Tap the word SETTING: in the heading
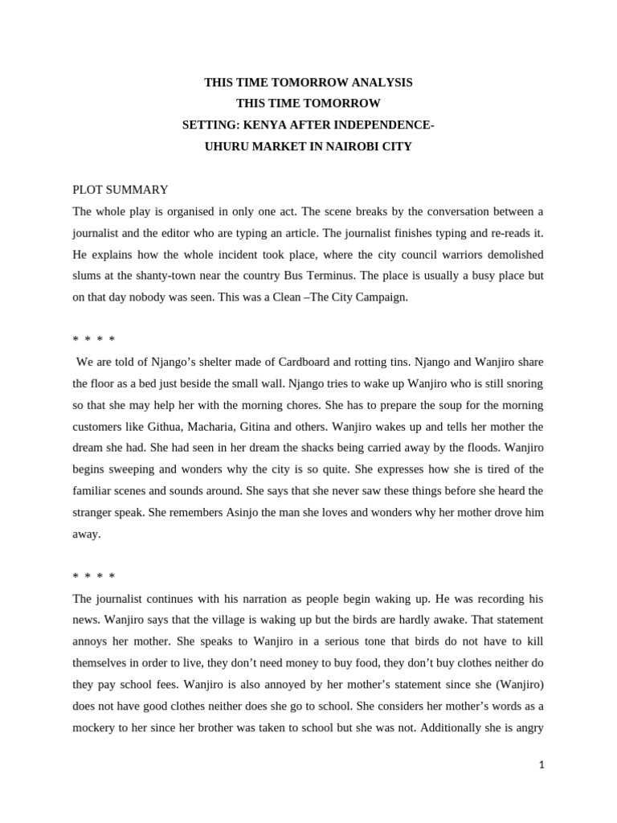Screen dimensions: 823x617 210,125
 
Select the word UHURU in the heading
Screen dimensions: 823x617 227,147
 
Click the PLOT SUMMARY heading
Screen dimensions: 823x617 121,190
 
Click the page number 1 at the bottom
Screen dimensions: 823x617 542,765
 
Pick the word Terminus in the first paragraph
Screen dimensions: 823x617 332,276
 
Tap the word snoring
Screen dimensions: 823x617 523,383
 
